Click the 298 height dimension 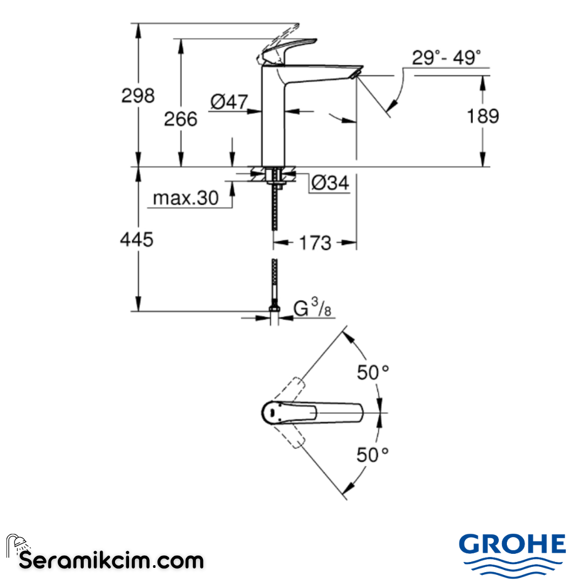tap(138, 96)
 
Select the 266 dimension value tap(181, 119)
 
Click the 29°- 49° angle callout tap(446, 58)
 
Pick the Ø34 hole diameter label tap(330, 184)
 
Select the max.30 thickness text tap(186, 198)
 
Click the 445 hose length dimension tap(137, 239)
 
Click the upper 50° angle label tap(372, 372)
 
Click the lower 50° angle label tap(372, 455)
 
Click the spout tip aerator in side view tap(356, 73)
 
